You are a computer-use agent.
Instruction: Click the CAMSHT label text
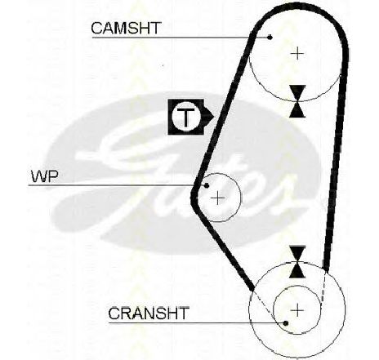click(126, 28)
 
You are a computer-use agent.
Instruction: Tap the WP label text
click(45, 176)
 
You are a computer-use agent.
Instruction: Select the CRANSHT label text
click(149, 313)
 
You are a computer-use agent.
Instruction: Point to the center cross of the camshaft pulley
click(297, 54)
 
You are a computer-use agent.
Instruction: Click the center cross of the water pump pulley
click(217, 198)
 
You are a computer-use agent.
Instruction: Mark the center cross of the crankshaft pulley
click(297, 310)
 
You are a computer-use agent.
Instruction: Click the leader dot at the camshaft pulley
click(270, 37)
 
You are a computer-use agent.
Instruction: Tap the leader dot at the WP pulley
click(207, 185)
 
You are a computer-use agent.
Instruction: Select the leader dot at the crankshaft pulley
click(286, 323)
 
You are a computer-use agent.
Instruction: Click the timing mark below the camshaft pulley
click(297, 101)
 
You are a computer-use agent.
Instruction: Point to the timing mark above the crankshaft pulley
click(297, 262)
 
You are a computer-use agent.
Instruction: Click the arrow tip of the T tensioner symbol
click(215, 117)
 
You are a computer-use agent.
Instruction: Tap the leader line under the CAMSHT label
click(181, 38)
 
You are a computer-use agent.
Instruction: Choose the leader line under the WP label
click(118, 185)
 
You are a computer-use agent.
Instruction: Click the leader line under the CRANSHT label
click(197, 323)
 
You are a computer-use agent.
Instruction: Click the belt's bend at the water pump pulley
click(194, 195)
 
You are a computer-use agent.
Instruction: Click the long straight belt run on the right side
click(336, 163)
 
